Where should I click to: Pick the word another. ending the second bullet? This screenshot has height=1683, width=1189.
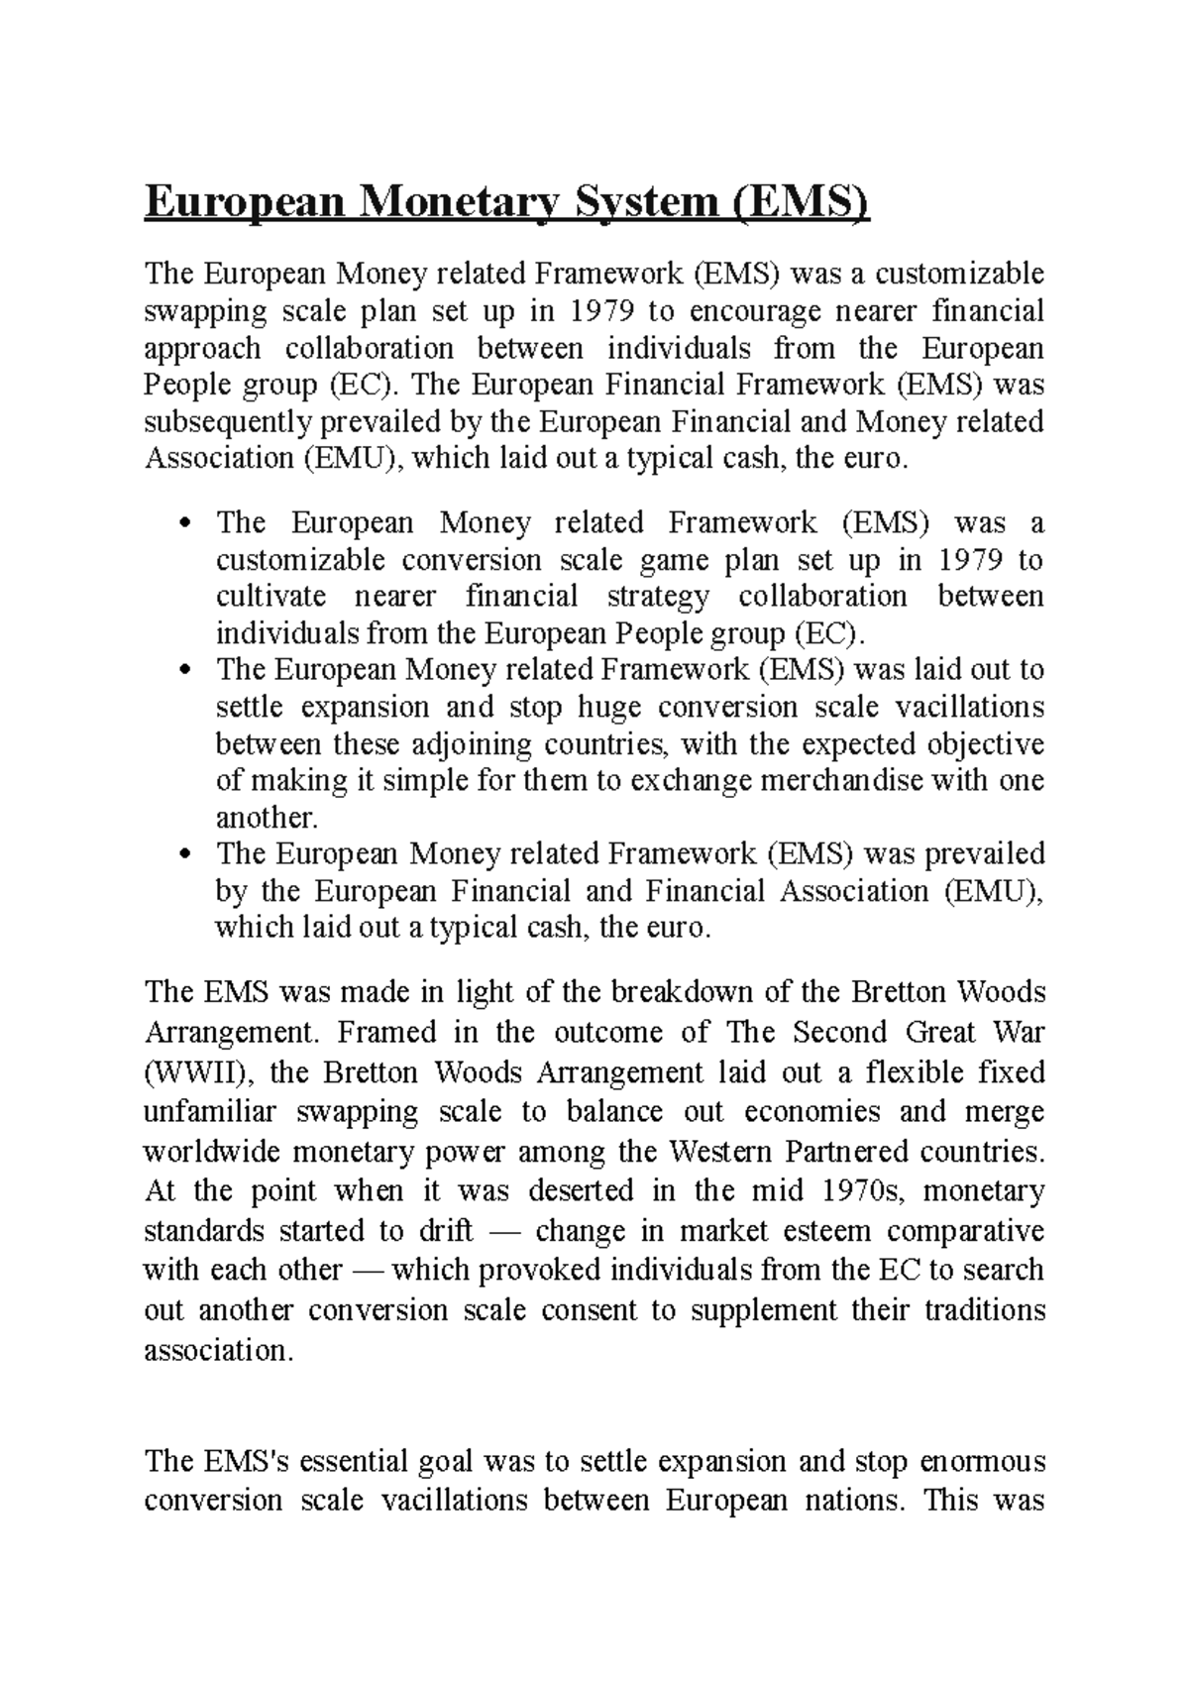(268, 818)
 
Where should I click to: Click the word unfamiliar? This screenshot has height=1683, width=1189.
(210, 1112)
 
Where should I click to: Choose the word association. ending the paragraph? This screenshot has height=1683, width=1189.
(219, 1350)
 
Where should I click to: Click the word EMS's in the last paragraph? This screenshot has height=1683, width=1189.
(245, 1462)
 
